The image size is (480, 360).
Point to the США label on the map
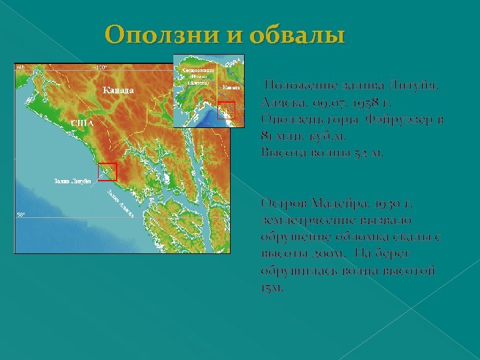[81, 123]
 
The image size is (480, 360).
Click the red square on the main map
[107, 171]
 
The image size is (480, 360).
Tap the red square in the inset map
[227, 110]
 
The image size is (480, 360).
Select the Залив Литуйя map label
[72, 181]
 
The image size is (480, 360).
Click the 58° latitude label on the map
[21, 215]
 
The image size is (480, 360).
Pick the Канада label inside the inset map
[231, 87]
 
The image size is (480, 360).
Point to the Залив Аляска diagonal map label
[120, 200]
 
